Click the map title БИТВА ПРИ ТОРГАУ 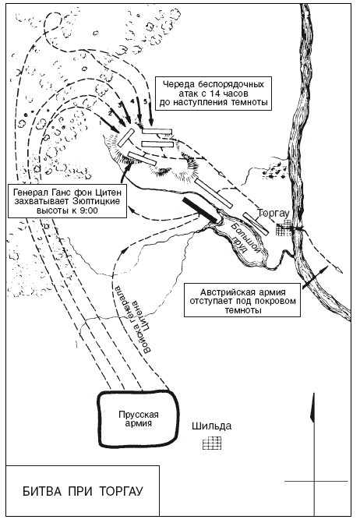click(x=83, y=491)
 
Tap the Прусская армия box click(x=139, y=419)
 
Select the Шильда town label click(x=211, y=426)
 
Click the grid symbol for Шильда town click(x=212, y=443)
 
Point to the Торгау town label click(x=273, y=213)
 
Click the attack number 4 click(x=132, y=101)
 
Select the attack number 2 click(x=109, y=113)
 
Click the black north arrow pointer click(x=312, y=408)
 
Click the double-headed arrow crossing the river click(x=315, y=277)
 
